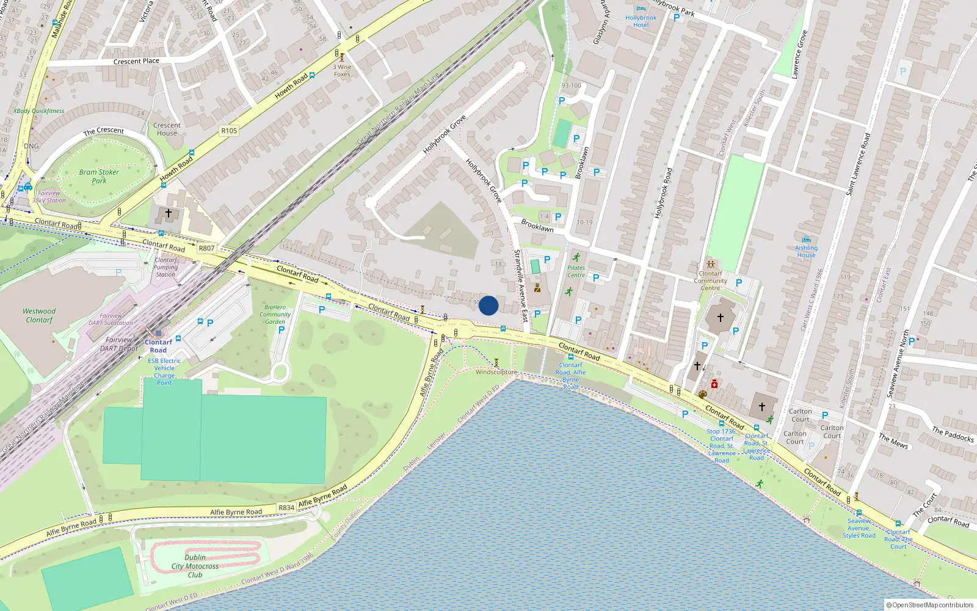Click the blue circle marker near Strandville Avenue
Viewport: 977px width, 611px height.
488,305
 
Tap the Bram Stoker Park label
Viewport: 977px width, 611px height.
99,177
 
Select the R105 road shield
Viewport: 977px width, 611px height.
229,131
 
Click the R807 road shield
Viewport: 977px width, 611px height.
206,248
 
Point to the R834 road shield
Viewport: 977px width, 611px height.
286,508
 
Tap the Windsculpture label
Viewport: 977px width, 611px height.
496,372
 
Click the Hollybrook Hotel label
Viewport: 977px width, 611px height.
641,21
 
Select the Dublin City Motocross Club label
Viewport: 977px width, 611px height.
195,566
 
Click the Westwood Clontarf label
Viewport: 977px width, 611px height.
39,315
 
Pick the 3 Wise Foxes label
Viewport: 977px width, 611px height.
342,71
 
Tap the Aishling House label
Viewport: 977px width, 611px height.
806,251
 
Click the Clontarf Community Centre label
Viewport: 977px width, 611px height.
710,280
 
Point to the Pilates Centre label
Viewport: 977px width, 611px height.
576,271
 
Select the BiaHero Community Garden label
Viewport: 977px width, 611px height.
275,314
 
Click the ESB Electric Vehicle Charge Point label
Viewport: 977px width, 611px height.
164,371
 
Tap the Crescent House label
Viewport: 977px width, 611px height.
167,129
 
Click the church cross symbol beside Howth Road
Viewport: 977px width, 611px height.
169,213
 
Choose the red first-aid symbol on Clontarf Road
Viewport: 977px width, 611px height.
714,384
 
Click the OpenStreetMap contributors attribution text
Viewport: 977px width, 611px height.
930,605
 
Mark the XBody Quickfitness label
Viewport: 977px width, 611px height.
38,111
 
